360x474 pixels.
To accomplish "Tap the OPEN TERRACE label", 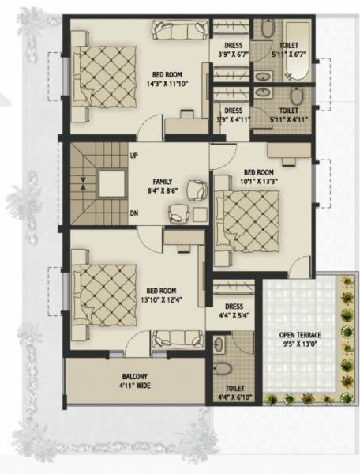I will pyautogui.click(x=301, y=333).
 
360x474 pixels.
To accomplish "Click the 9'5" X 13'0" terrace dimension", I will pyautogui.click(x=301, y=344).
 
